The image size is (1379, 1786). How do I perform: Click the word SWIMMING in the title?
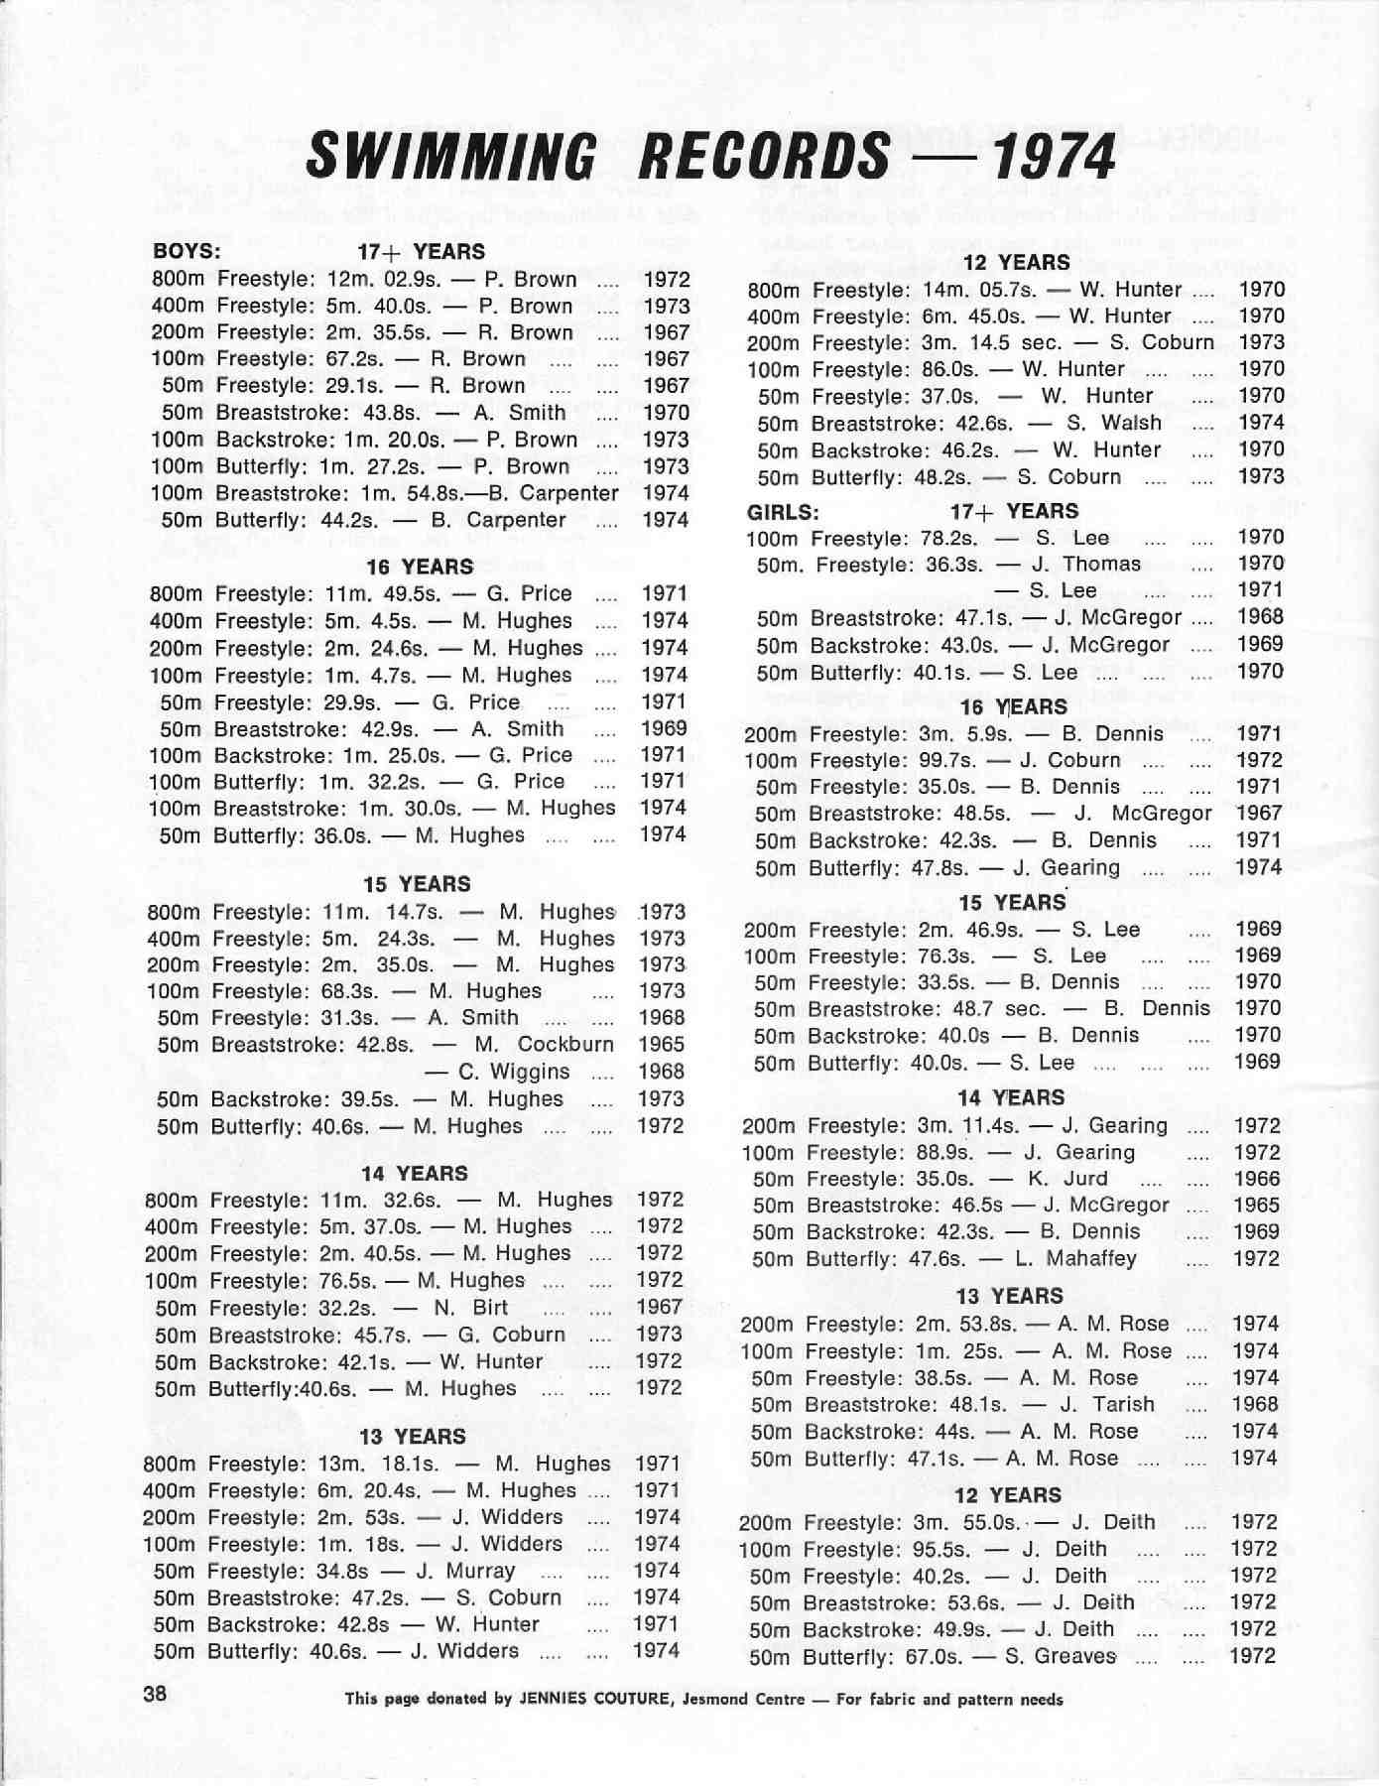click(451, 157)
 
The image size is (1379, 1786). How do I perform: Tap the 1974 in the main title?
click(1054, 157)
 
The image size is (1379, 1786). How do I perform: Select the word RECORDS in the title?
click(763, 157)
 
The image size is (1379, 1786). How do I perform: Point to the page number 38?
click(156, 1694)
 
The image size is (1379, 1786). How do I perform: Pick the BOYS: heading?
click(187, 251)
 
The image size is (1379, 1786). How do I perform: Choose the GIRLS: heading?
click(783, 512)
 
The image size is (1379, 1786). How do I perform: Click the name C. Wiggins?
click(513, 1072)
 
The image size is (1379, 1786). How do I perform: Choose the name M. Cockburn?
click(544, 1044)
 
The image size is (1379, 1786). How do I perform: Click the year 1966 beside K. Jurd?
click(1256, 1179)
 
